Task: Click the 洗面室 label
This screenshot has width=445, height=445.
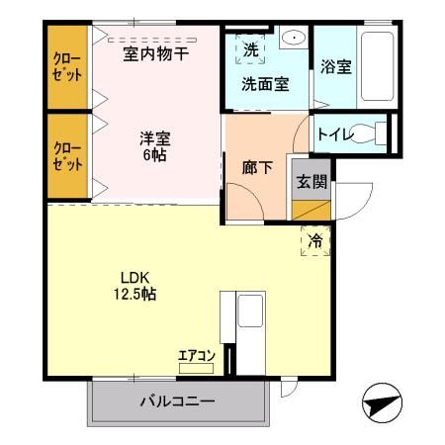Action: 265,84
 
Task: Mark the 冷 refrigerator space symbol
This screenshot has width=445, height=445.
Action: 314,239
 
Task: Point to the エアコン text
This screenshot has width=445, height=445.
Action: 195,354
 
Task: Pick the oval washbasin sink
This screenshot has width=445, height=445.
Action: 294,39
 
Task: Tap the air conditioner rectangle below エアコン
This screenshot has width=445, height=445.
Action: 194,367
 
